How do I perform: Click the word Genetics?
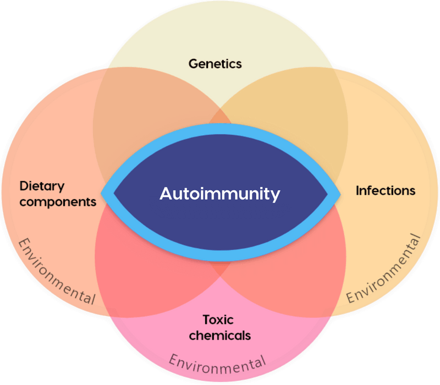(x=215, y=64)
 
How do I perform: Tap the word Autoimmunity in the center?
(x=220, y=194)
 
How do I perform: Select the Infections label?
(x=386, y=191)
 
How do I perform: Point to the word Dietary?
(x=42, y=185)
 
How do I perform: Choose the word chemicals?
(x=220, y=334)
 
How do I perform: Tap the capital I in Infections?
(x=358, y=191)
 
